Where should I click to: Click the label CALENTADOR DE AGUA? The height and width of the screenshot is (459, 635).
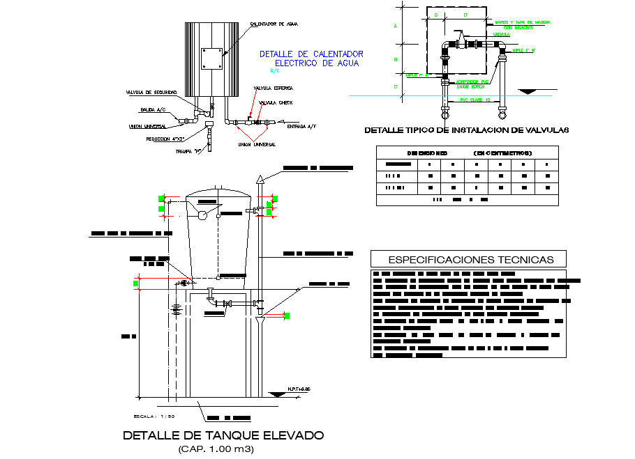coord(274,24)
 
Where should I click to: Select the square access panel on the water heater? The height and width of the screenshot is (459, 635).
coord(211,59)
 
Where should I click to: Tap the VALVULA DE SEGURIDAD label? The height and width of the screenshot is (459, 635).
coord(151,92)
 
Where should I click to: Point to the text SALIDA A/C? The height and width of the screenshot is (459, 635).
coord(153,109)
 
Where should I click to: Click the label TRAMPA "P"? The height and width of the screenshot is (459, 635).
coord(184,150)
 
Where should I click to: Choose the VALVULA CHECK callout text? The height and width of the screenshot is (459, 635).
coord(276,102)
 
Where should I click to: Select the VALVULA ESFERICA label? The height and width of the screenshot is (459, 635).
coord(273,88)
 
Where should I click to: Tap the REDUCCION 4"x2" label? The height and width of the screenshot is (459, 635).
coord(165,139)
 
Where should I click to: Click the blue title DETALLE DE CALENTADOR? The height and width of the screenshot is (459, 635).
coord(311,54)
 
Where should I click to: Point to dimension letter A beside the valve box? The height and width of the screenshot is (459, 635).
coord(395,27)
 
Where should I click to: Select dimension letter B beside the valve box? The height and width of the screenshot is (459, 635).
coord(395,60)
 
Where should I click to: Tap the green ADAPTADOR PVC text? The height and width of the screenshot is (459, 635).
coord(472,81)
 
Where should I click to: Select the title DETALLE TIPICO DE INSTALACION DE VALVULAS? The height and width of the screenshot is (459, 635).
coord(467,130)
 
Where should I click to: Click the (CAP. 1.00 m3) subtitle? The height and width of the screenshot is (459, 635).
coord(216,449)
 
